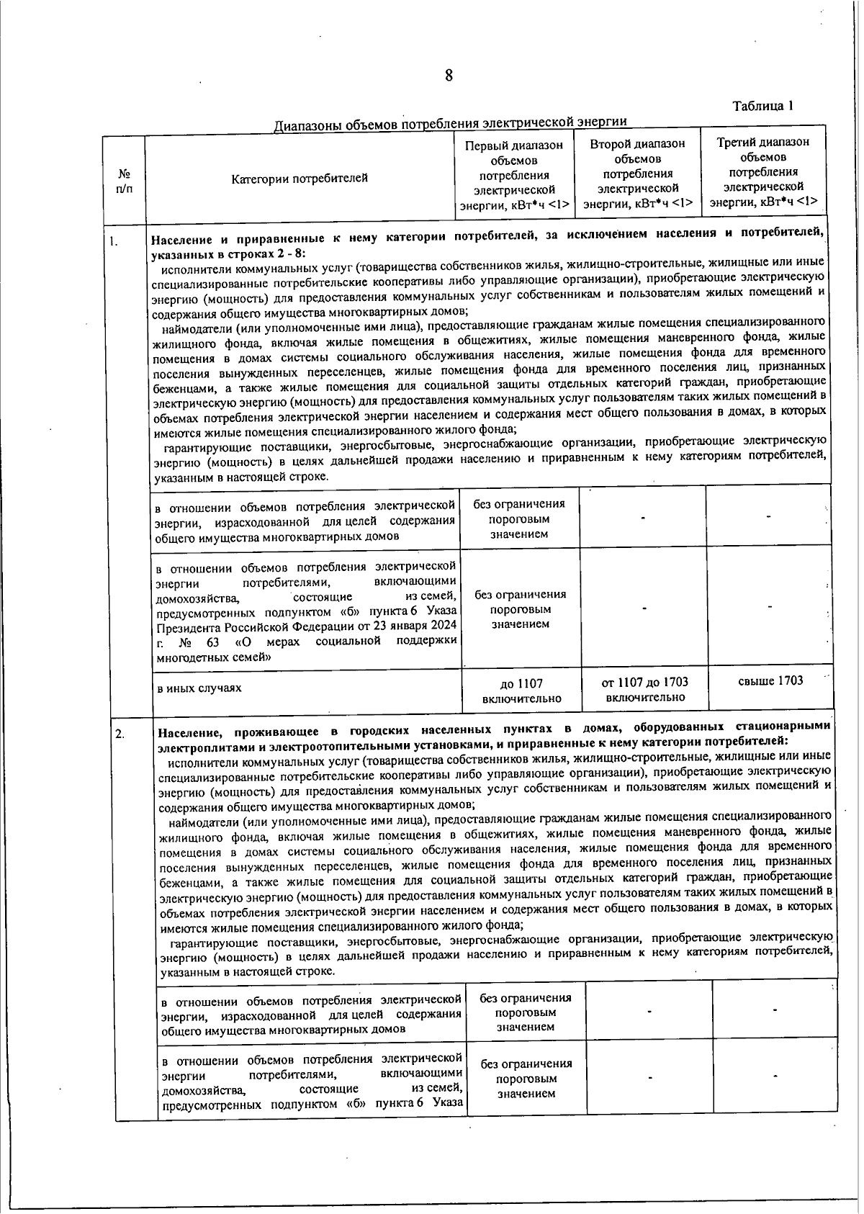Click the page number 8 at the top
pyautogui.click(x=448, y=76)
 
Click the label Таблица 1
pyautogui.click(x=762, y=106)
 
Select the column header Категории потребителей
pyautogui.click(x=300, y=178)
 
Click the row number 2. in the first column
pyautogui.click(x=120, y=734)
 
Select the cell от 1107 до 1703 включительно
pyautogui.click(x=644, y=689)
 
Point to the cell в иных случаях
pyautogui.click(x=199, y=688)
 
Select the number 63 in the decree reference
pyautogui.click(x=212, y=642)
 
